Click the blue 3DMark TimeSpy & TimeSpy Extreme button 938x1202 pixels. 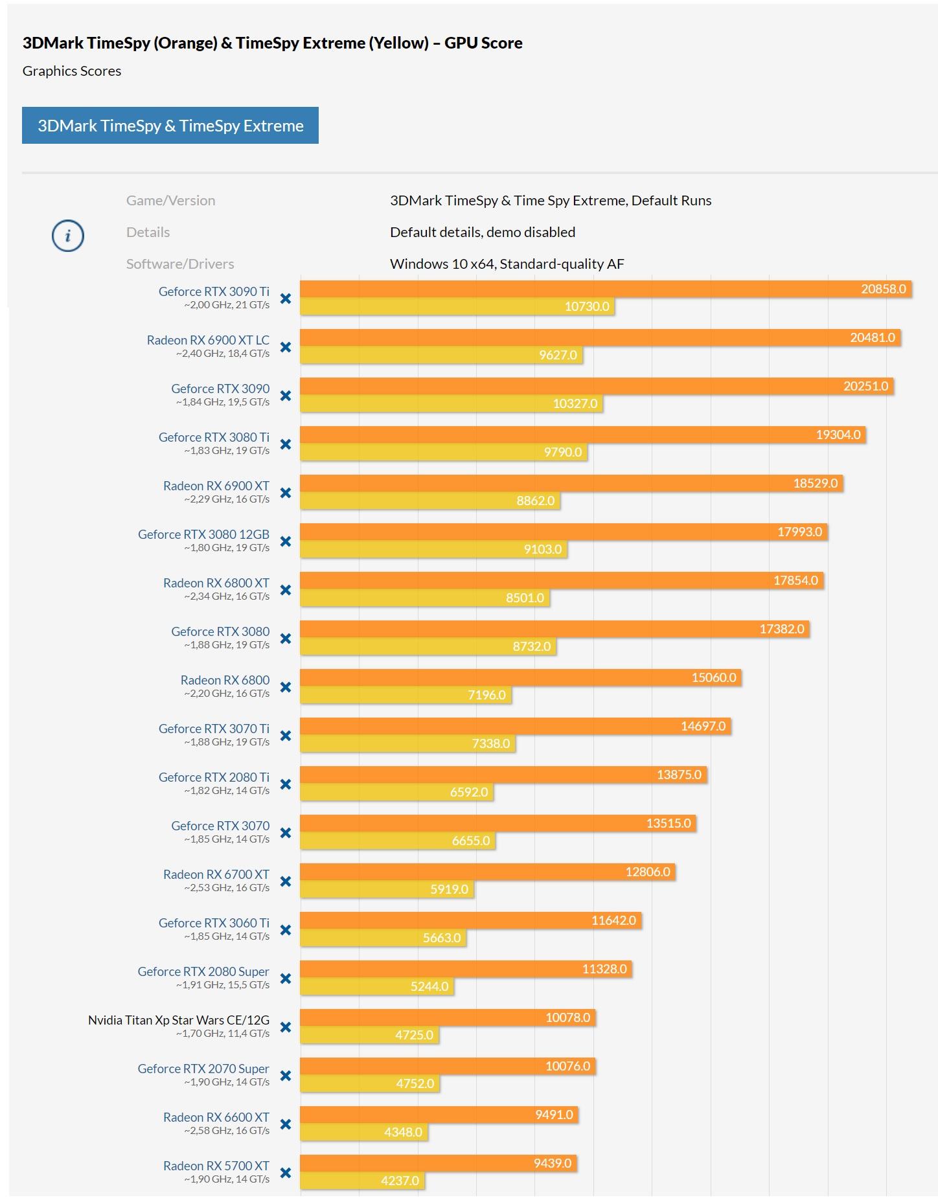[170, 126]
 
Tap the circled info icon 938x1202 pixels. [68, 236]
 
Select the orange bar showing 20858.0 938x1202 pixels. [606, 289]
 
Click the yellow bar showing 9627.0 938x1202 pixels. [441, 355]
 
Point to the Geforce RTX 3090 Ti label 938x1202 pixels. [214, 291]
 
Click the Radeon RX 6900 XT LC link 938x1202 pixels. [208, 340]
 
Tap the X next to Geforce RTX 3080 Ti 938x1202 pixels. [285, 444]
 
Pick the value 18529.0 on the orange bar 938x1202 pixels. [815, 483]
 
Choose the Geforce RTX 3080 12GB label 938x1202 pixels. [203, 534]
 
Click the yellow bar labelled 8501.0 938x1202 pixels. [425, 598]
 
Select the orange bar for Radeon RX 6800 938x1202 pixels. [520, 677]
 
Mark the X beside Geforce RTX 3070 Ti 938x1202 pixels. [285, 736]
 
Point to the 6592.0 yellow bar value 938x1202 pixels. [469, 792]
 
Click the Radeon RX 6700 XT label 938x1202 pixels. [216, 874]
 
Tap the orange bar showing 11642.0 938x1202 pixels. [470, 920]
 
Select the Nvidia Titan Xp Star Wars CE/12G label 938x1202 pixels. [179, 1020]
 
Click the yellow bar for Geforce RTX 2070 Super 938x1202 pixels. [370, 1083]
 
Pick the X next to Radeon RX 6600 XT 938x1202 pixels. [285, 1124]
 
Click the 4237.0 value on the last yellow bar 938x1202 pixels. [400, 1181]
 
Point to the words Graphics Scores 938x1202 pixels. [72, 71]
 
